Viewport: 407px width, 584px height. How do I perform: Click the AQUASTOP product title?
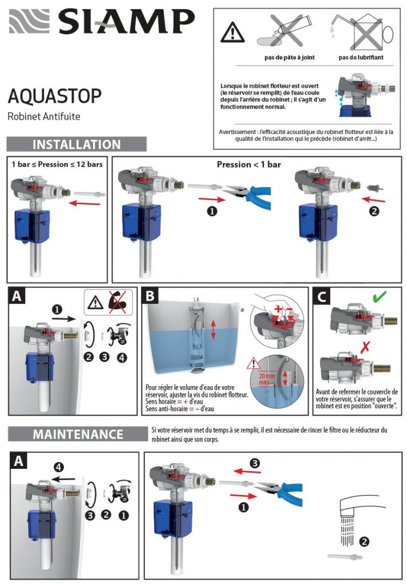tap(55, 95)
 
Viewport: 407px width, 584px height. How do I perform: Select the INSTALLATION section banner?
tap(76, 144)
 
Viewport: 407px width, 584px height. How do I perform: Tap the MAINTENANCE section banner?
tap(76, 434)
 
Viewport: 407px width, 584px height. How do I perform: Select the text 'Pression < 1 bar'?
tap(248, 165)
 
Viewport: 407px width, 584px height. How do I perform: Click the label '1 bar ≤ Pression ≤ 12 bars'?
tap(58, 164)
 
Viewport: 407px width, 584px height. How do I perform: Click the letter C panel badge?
tap(322, 297)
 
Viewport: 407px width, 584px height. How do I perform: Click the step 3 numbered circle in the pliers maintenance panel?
tap(255, 463)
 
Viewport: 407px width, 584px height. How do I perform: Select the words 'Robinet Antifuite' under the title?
tap(44, 116)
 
